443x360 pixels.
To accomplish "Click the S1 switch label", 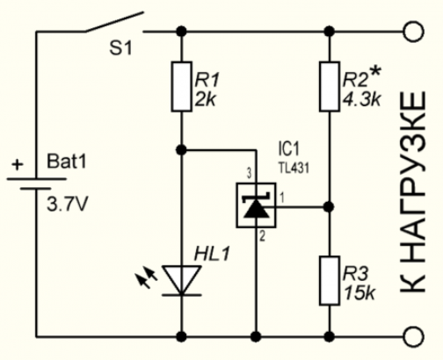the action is [x=120, y=48].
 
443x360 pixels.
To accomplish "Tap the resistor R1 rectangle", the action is [x=182, y=87].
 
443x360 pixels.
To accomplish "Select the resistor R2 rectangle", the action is [x=330, y=87].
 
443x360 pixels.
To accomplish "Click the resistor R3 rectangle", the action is [x=330, y=281].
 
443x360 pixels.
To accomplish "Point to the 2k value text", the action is [x=206, y=100].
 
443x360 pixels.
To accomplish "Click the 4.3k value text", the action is [x=361, y=100].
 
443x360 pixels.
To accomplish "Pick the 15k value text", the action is [x=359, y=293].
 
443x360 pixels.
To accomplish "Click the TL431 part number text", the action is [x=293, y=169].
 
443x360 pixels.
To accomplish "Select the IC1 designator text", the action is [x=289, y=149].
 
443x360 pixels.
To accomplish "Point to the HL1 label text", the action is [x=212, y=254].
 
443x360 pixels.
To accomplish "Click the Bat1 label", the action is [x=67, y=161].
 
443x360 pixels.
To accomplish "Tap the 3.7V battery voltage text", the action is [x=67, y=205].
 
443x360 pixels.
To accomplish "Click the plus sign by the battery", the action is [x=18, y=164].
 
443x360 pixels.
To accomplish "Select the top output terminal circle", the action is [x=414, y=32].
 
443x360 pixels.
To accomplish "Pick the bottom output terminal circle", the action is [x=414, y=337].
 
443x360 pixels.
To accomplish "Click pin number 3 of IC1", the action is [x=249, y=175].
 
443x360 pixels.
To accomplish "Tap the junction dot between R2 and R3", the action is [x=330, y=207].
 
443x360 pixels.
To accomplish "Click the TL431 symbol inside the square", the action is [x=257, y=205].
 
